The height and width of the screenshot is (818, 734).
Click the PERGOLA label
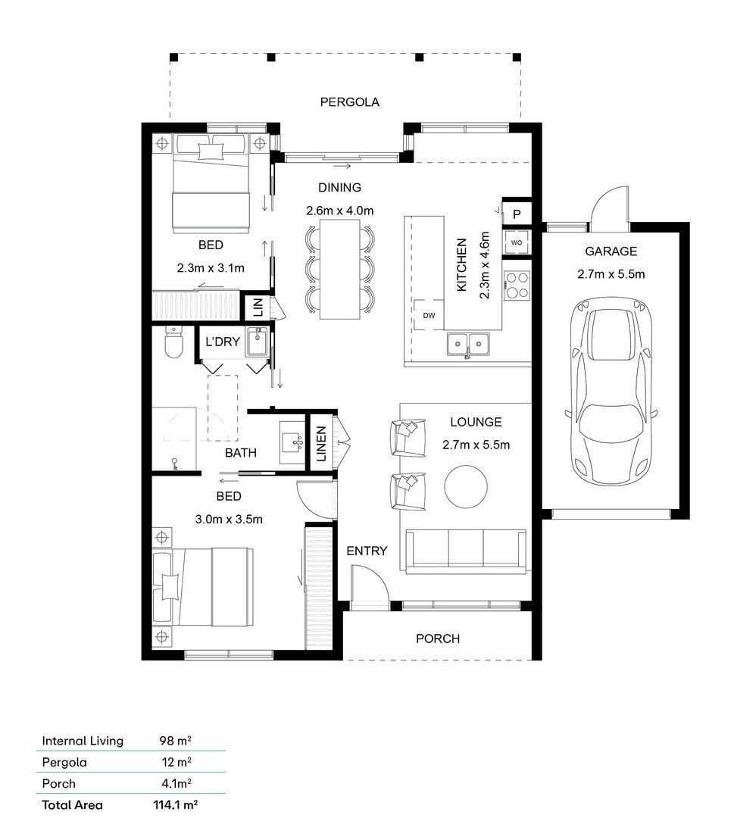coord(349,102)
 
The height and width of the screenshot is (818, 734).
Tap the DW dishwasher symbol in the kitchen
coord(429,315)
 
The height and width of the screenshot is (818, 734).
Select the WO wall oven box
coord(517,242)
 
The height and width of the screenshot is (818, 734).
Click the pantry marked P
coord(517,214)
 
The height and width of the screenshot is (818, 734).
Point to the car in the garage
coord(611,392)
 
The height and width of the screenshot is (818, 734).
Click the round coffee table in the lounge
coord(466,486)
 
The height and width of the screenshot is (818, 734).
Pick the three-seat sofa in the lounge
coord(466,551)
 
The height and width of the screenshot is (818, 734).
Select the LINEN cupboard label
coord(321,444)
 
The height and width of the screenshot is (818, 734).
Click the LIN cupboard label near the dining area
coord(258,308)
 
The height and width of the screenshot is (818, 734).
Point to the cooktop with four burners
coord(517,286)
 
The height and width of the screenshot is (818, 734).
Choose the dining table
coord(340,269)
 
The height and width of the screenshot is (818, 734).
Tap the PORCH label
coord(438,638)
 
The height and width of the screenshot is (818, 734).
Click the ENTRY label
coord(367,551)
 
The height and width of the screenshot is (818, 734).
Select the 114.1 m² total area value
coord(175,804)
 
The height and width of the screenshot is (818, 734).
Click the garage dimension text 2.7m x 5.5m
coord(611,274)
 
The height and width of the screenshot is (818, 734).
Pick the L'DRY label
coord(222,342)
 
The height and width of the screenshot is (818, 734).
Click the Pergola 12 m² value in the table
coord(176,762)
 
